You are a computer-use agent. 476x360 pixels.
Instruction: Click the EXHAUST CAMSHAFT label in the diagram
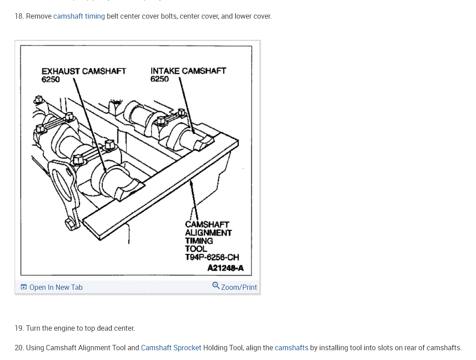(84, 71)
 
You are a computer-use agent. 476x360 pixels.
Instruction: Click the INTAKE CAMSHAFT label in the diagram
(188, 71)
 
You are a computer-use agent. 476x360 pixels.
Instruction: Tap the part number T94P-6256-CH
(212, 257)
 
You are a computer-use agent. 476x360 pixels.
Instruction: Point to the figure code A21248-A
(225, 268)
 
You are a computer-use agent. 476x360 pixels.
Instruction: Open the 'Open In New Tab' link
(56, 287)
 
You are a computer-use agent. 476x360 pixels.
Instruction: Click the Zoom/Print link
(239, 287)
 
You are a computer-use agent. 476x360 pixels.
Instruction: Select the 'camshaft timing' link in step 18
(79, 16)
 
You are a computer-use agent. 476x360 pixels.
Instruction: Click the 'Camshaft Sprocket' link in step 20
(171, 348)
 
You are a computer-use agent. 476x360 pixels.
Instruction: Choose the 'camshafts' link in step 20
(291, 348)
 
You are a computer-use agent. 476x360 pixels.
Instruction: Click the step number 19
(19, 328)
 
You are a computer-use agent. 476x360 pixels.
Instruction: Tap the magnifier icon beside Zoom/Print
(216, 285)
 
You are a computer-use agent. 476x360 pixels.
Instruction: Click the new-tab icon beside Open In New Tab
(24, 288)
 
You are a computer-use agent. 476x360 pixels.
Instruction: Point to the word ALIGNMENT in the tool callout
(208, 233)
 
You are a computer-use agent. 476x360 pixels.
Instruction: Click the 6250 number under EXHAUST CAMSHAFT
(51, 79)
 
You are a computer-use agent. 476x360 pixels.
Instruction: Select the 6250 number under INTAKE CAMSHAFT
(160, 79)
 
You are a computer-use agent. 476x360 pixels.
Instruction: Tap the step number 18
(19, 16)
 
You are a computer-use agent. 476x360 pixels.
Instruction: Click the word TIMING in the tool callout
(199, 241)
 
